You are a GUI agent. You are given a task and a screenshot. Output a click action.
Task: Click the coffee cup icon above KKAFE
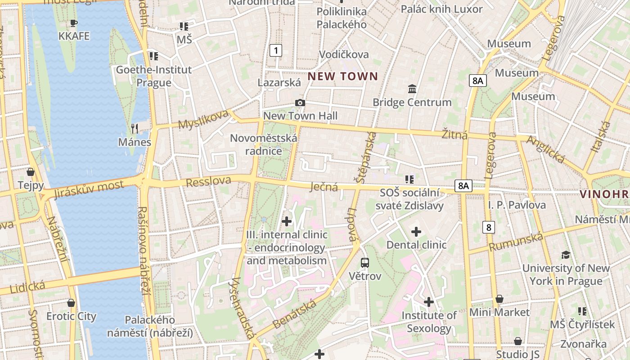(x=74, y=23)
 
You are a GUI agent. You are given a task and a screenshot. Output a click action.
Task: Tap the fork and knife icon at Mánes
(x=135, y=129)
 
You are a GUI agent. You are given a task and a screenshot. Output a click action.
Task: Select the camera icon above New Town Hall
(x=300, y=103)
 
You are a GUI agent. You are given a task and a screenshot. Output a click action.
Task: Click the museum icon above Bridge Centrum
(x=412, y=89)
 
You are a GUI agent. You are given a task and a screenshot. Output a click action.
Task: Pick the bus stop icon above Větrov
(x=365, y=262)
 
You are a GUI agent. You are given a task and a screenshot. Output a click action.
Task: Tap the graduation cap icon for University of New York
(x=566, y=255)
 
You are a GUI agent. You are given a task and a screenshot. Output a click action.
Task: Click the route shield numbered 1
(x=276, y=50)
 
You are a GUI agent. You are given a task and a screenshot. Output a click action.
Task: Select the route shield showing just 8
(x=489, y=227)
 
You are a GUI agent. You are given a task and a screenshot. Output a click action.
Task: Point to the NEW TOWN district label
(x=342, y=76)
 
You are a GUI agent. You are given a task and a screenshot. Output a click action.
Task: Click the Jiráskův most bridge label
(x=89, y=189)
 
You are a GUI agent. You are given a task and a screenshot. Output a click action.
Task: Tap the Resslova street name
(x=208, y=181)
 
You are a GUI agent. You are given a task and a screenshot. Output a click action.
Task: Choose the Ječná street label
(x=324, y=187)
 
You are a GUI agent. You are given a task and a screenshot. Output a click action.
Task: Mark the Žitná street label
(x=454, y=135)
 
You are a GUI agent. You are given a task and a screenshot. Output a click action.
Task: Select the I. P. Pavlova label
(x=517, y=205)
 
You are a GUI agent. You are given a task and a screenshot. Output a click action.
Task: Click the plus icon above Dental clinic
(x=416, y=232)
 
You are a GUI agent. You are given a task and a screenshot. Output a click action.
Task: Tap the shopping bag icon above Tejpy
(x=31, y=172)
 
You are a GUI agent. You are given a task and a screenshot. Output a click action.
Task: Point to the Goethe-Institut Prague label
(x=154, y=76)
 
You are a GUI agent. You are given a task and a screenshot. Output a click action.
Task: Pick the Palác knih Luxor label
(x=441, y=9)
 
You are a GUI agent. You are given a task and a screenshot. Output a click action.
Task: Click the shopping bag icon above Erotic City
(x=71, y=303)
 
